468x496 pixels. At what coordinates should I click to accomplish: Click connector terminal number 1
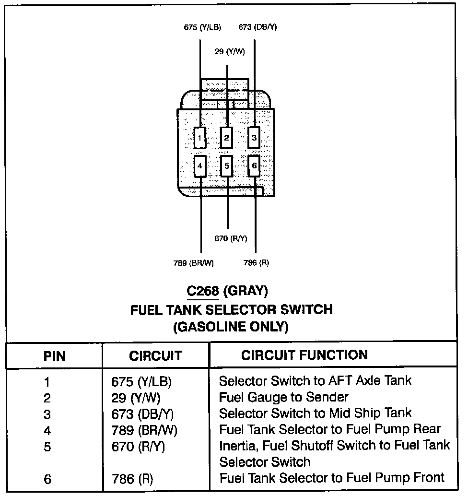click(200, 139)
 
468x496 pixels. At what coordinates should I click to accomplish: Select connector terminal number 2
click(227, 139)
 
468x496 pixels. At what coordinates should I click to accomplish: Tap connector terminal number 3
click(254, 139)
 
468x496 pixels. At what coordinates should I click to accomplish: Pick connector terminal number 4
click(200, 166)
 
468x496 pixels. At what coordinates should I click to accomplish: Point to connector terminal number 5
click(227, 166)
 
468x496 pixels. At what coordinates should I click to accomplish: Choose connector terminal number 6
click(254, 166)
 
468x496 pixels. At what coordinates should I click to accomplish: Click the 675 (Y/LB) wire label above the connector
click(202, 27)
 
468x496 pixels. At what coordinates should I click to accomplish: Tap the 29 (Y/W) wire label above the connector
click(230, 51)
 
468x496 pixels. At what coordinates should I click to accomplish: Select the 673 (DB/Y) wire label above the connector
click(257, 27)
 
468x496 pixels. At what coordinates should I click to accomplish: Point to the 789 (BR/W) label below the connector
click(193, 262)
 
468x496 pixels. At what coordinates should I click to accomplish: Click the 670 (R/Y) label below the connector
click(231, 238)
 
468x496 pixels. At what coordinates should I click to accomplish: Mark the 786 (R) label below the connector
click(257, 262)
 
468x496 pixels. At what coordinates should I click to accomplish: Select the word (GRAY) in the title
click(246, 291)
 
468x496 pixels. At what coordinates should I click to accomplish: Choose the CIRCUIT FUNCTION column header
click(304, 355)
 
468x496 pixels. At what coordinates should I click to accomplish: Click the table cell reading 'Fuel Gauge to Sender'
click(283, 397)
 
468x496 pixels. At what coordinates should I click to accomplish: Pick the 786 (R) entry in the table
click(132, 478)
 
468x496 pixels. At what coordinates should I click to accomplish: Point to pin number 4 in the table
click(47, 430)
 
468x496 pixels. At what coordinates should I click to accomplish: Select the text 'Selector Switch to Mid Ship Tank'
click(315, 413)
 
